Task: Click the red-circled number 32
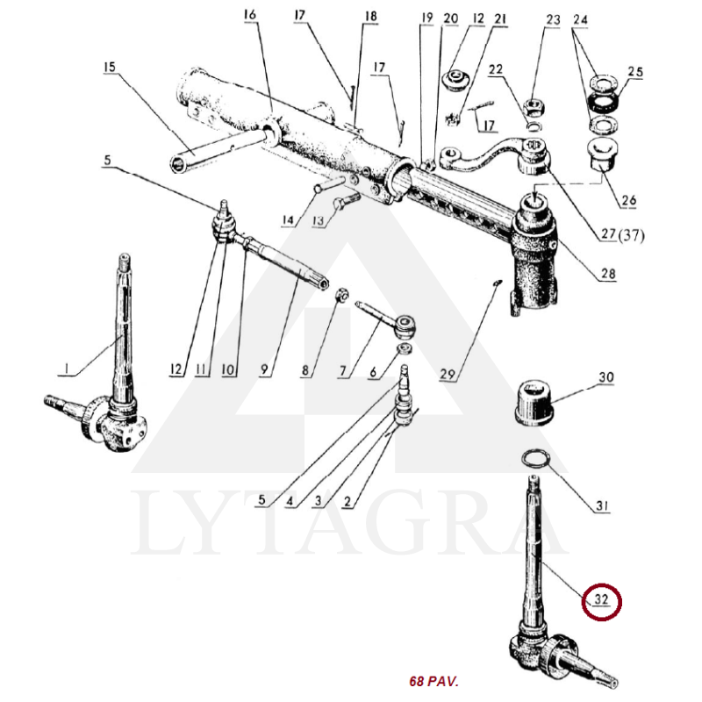click(601, 599)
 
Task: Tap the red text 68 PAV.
click(433, 682)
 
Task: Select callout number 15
click(109, 67)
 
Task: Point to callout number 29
click(447, 374)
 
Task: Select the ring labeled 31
click(535, 458)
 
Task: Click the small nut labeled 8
click(342, 295)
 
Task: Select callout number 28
click(608, 273)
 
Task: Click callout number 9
click(264, 369)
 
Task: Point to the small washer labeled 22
click(534, 126)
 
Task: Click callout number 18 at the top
click(370, 17)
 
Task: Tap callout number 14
click(289, 220)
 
